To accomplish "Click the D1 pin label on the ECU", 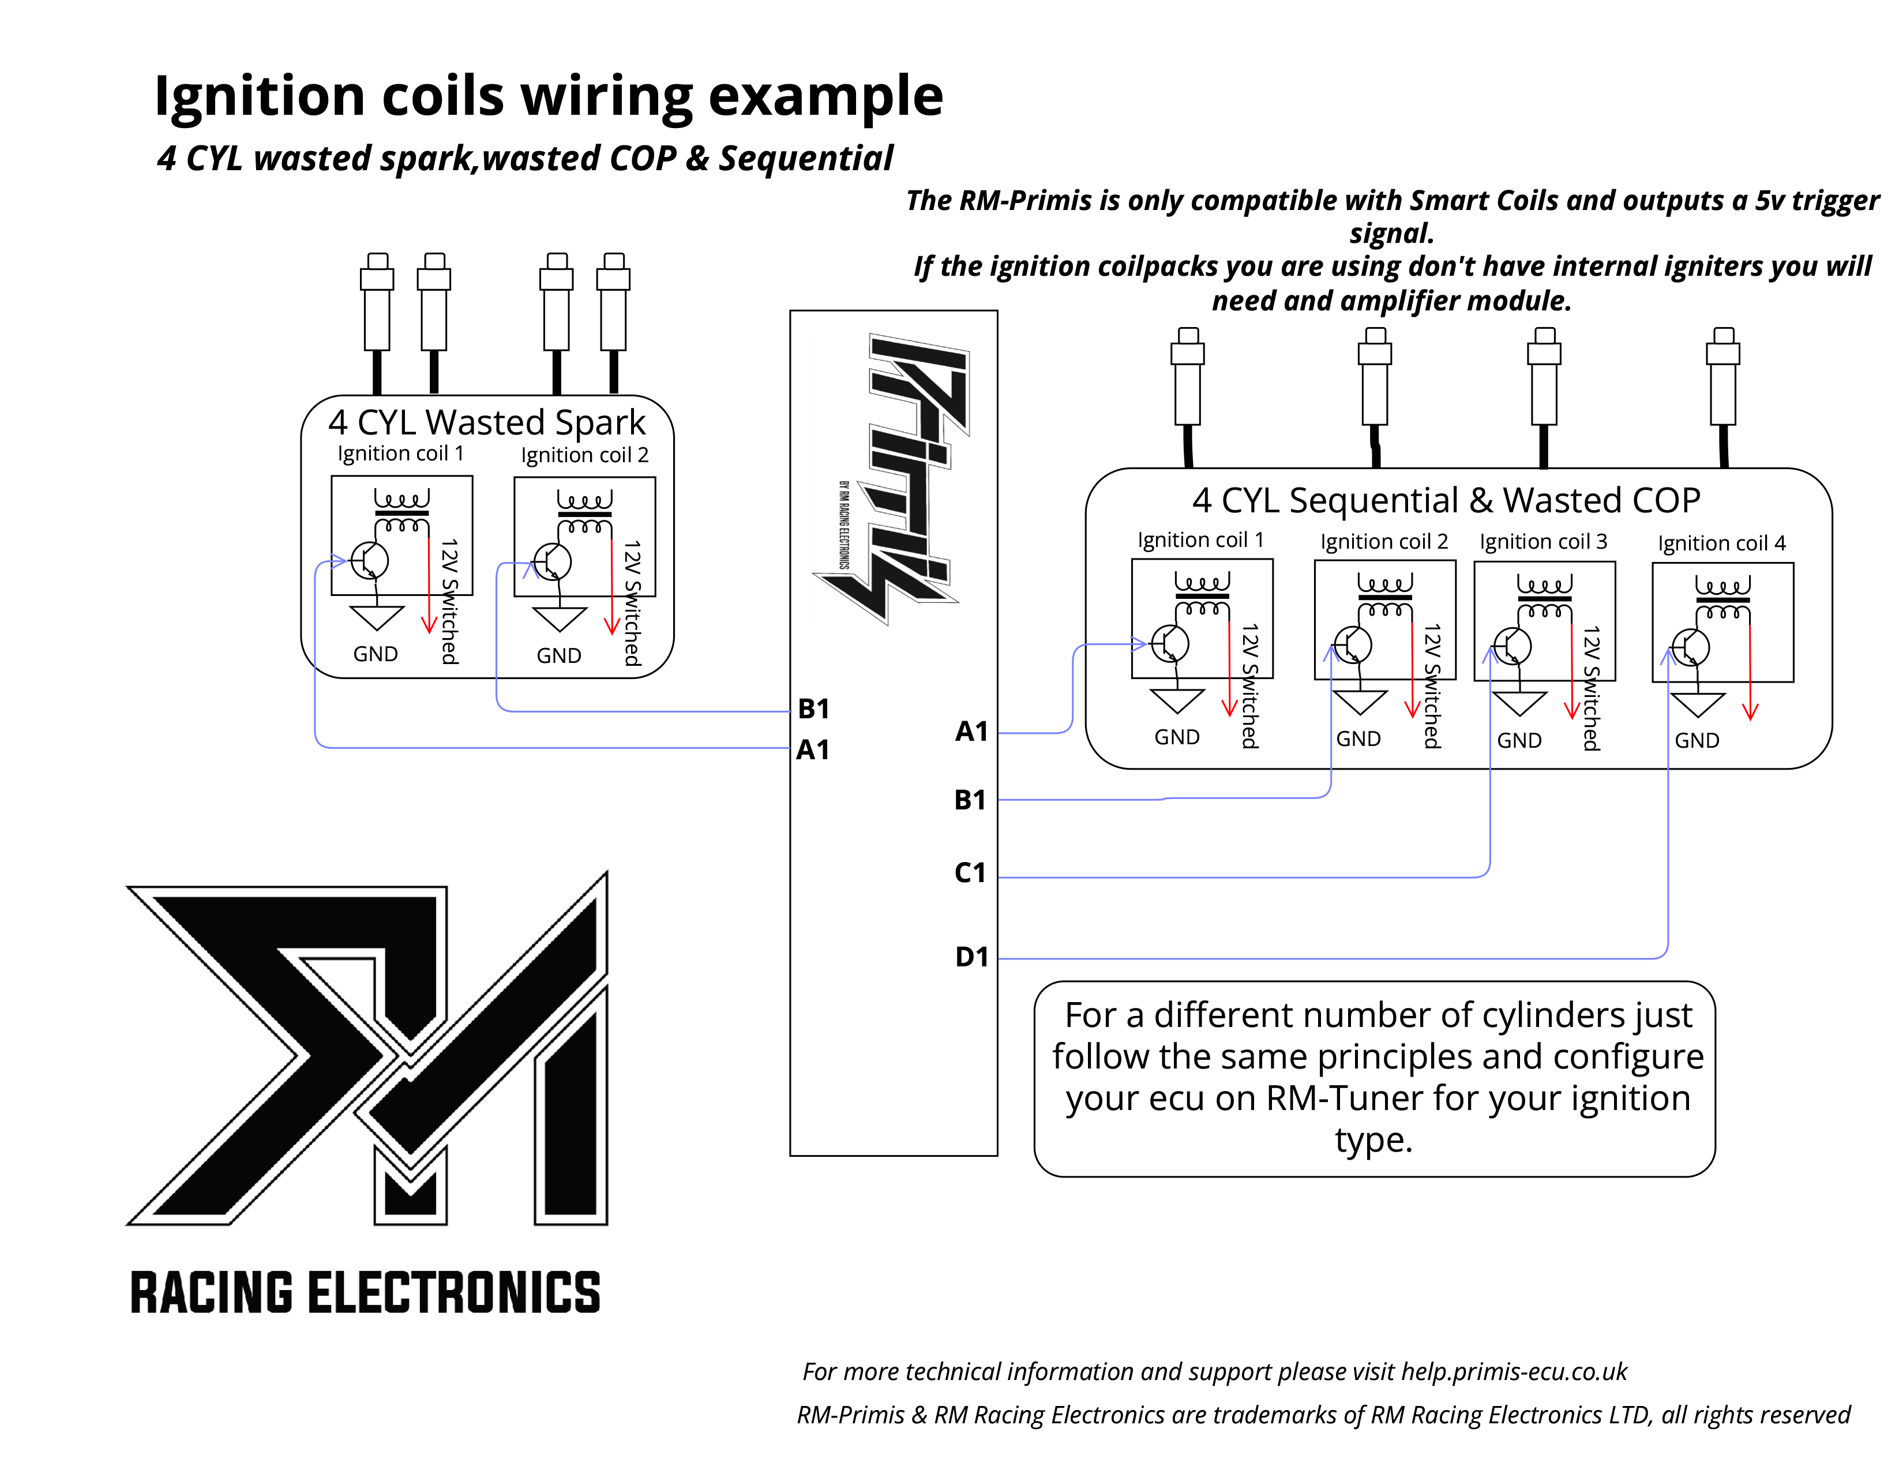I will click(x=971, y=957).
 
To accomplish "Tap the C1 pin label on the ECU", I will click(x=970, y=872).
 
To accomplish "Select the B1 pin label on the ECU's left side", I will click(x=813, y=708).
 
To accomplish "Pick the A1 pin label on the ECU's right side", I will click(x=971, y=731).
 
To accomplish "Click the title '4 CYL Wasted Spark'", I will click(x=487, y=422).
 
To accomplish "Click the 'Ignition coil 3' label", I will click(x=1544, y=542).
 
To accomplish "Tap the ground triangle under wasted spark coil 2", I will click(x=559, y=619).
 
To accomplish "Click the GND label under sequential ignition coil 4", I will click(x=1697, y=741).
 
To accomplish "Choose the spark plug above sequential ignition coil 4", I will click(x=1722, y=378).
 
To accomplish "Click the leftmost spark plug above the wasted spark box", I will click(x=377, y=304).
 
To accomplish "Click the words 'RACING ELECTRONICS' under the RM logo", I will click(x=365, y=1292).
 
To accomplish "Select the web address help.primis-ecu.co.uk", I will click(x=1513, y=1371).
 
